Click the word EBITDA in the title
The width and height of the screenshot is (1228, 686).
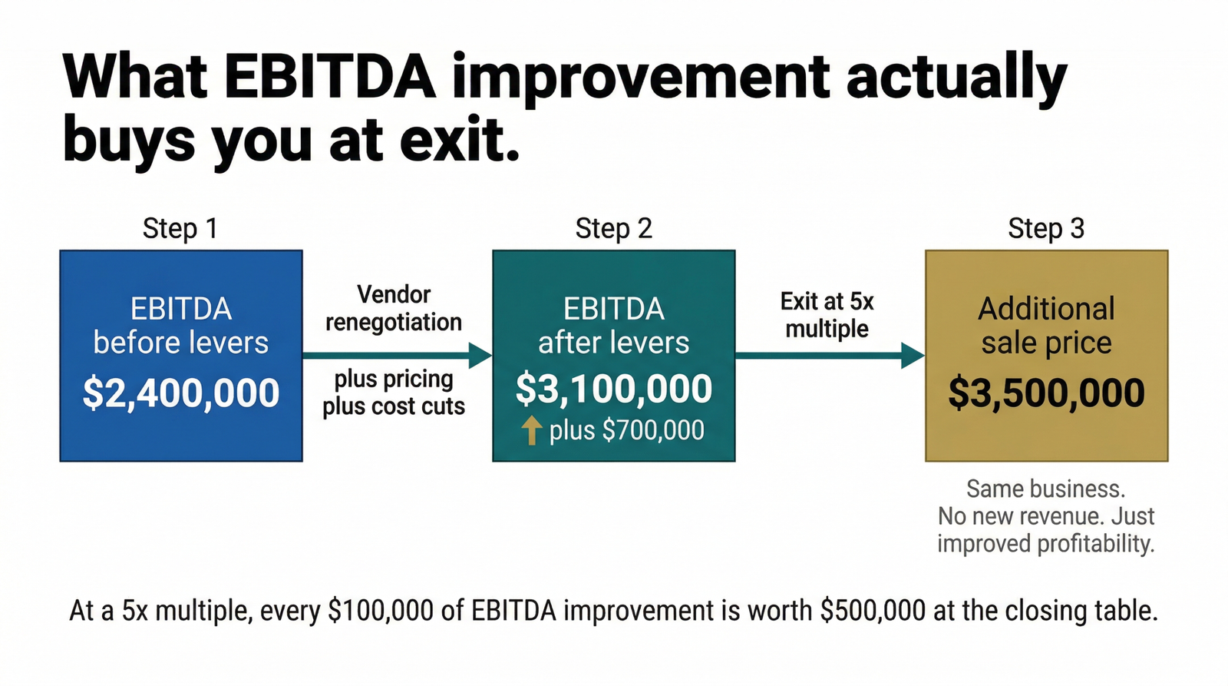coord(330,76)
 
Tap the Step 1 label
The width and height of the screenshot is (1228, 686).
coord(180,228)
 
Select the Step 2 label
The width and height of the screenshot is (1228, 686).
coord(613,228)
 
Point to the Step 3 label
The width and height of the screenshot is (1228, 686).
coord(1046,228)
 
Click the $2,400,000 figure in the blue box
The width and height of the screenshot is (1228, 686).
coord(181,393)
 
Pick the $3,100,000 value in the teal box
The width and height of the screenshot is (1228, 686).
coord(614,389)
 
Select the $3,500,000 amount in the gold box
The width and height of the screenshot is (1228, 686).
coord(1047,393)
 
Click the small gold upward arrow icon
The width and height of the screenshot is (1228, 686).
coord(531,429)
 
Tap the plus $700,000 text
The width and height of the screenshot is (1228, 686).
coord(626,429)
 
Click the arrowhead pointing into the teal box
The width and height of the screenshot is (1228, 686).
coord(480,356)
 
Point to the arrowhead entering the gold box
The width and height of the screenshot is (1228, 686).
coord(913,356)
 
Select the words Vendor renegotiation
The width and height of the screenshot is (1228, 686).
coord(394,308)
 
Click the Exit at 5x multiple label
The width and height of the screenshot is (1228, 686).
coord(827,315)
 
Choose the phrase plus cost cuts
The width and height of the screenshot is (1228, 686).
coord(394,406)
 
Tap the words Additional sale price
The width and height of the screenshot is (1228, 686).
coord(1047,326)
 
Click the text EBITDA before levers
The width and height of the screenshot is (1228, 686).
coord(181,326)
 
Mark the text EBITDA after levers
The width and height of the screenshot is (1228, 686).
coord(613,326)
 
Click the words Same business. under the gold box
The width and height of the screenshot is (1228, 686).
coord(1045,489)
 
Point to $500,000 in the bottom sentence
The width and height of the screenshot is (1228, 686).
coord(873,611)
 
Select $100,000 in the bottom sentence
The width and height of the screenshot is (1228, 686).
coord(381,611)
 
